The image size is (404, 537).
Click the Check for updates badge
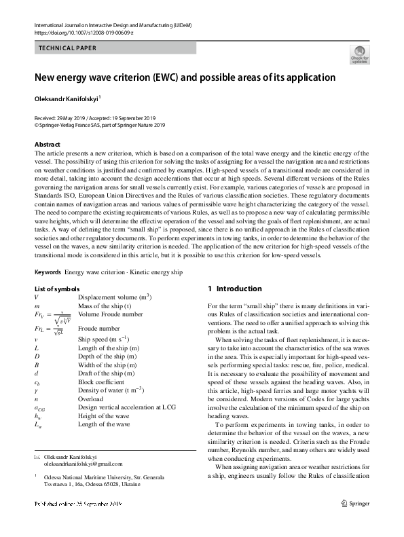359,54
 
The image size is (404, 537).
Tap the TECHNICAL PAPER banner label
67,48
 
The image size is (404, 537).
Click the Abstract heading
48,145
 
